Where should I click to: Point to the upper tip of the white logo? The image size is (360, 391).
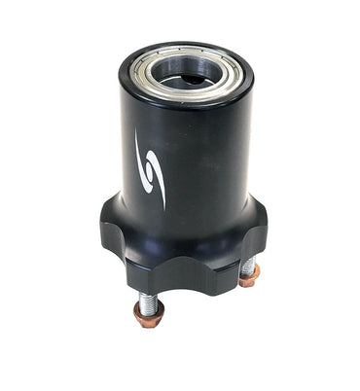point(138,133)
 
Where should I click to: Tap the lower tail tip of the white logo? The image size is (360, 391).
point(162,206)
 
